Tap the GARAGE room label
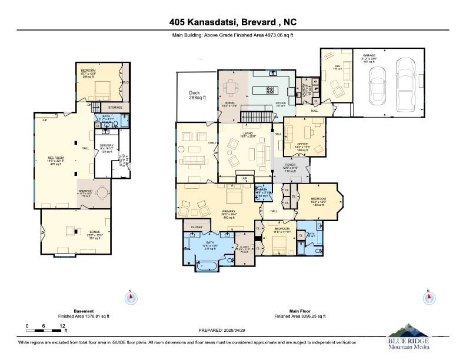[x=370, y=56]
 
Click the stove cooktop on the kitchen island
[x=270, y=90]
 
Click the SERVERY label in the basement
[x=106, y=146]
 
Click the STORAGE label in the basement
[x=115, y=108]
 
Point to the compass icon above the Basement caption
[x=131, y=298]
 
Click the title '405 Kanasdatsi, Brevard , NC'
[x=232, y=23]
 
